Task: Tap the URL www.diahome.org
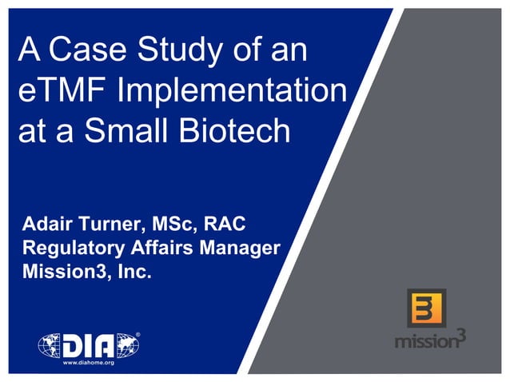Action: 89,362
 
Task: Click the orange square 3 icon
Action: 426,308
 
